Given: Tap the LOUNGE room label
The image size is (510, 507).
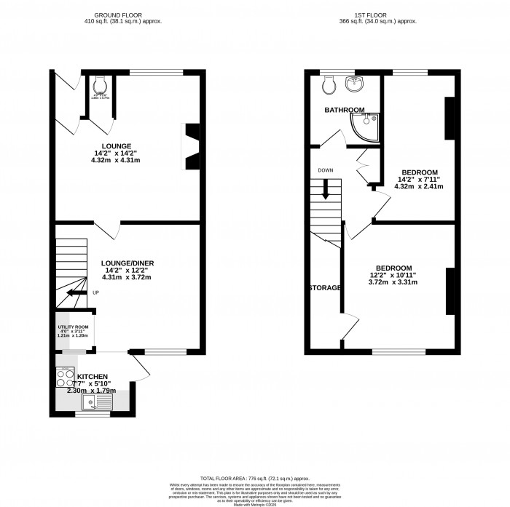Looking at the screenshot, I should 116,146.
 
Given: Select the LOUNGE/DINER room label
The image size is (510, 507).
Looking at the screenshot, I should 128,263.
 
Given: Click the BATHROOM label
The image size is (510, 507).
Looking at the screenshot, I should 344,110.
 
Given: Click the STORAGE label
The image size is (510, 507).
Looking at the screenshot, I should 324,288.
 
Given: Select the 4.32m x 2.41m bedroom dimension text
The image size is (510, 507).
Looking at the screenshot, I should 420,186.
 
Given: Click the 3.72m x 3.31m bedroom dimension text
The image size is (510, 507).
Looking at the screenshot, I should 393,282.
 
